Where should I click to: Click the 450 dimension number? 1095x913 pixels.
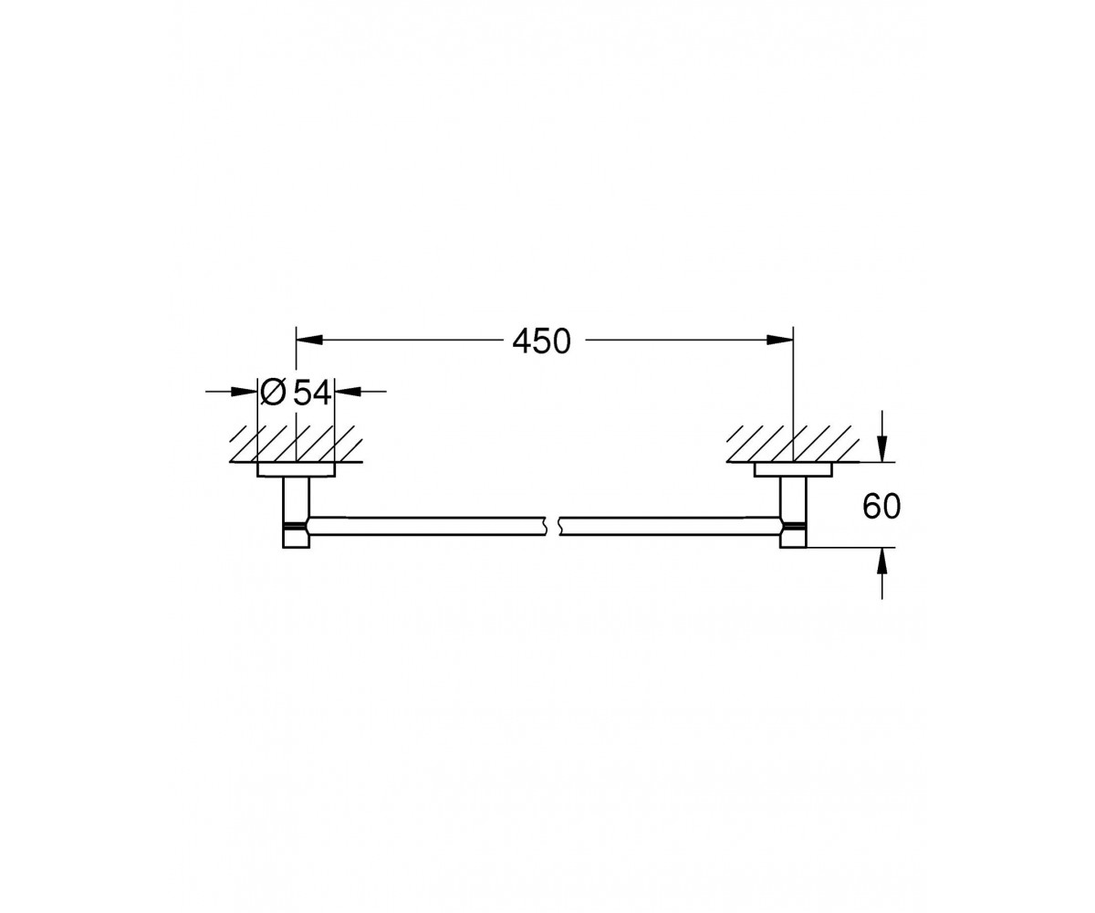click(x=541, y=341)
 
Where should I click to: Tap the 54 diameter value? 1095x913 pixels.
click(x=312, y=393)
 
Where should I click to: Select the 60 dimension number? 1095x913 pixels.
click(x=881, y=507)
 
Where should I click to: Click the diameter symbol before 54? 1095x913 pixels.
click(x=273, y=393)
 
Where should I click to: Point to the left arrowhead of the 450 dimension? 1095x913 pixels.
click(x=309, y=340)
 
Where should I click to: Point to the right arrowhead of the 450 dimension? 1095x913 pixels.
click(x=780, y=340)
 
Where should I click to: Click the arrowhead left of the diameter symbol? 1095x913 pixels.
click(x=245, y=391)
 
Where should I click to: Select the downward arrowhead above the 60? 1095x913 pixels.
click(x=882, y=450)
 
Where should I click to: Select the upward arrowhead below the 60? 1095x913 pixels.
click(x=882, y=561)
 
